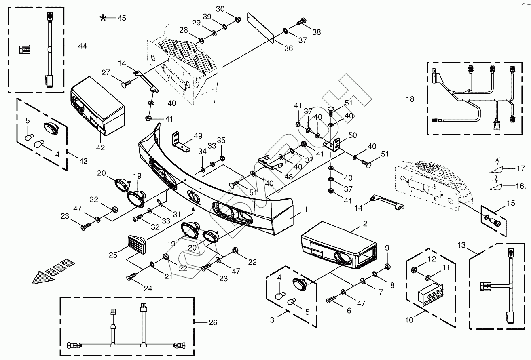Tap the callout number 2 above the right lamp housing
tap(365, 223)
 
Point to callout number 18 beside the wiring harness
tap(410, 99)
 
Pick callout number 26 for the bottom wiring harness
tap(213, 322)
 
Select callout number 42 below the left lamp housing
tap(100, 147)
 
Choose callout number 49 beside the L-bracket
tap(198, 136)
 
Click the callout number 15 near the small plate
tap(511, 203)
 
